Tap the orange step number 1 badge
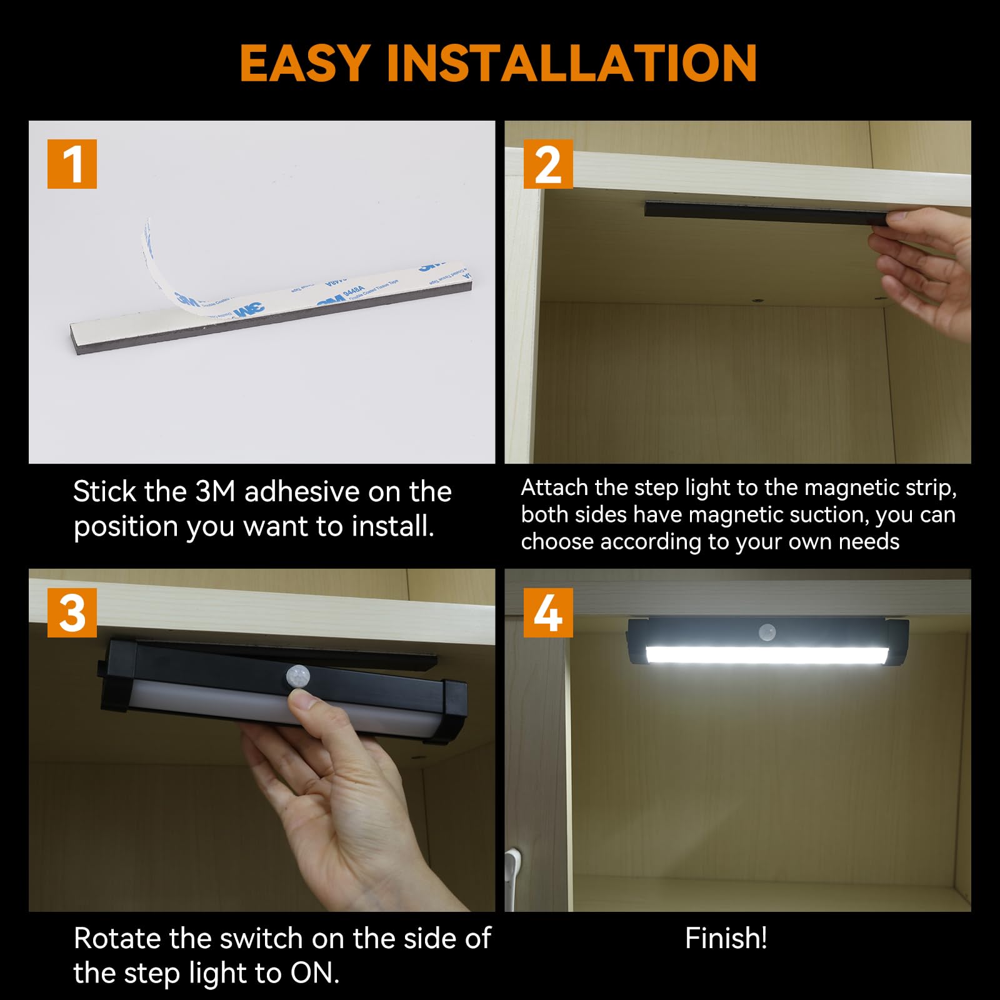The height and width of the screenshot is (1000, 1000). pyautogui.click(x=72, y=164)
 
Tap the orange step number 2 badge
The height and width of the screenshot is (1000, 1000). pyautogui.click(x=547, y=164)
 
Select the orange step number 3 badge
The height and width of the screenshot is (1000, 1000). pyautogui.click(x=72, y=612)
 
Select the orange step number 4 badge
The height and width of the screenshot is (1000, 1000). pyautogui.click(x=547, y=612)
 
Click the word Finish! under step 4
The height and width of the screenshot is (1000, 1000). pyautogui.click(x=726, y=938)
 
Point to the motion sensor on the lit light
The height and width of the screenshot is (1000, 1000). pyautogui.click(x=767, y=632)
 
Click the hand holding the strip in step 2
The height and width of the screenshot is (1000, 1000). pyautogui.click(x=925, y=269)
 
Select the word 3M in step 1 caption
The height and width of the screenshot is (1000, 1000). pyautogui.click(x=214, y=492)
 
